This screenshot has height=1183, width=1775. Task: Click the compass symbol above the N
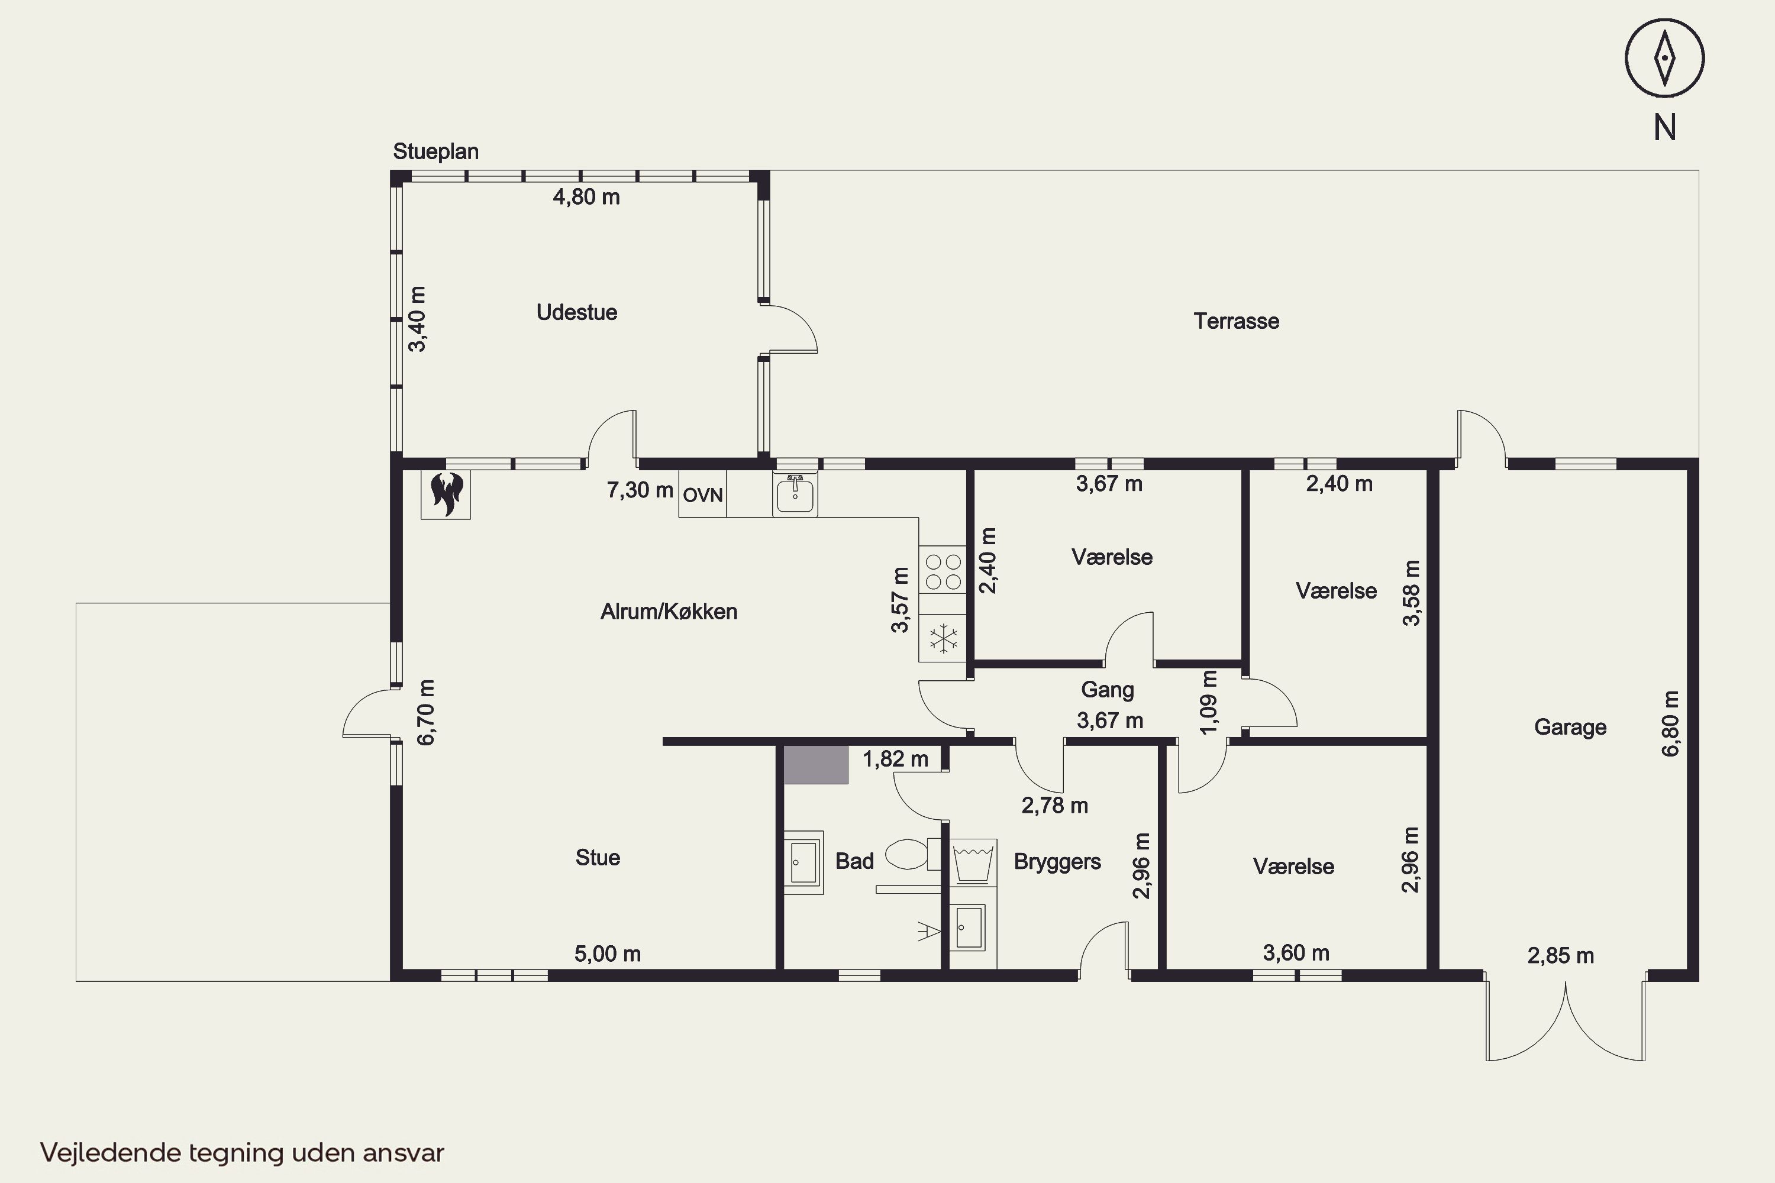1665,58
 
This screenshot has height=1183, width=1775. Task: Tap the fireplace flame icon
446,494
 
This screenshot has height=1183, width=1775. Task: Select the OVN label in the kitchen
703,496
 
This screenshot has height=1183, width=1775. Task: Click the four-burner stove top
943,571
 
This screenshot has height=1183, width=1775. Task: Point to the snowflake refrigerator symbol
943,639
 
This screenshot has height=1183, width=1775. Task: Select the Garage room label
1570,728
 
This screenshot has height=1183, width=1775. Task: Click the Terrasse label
1236,321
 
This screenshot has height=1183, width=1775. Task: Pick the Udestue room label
576,312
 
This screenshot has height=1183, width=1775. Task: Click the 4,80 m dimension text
586,197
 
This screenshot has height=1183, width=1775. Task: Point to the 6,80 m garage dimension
1671,723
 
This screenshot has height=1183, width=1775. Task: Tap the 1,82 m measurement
895,759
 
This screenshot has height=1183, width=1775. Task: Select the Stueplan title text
435,151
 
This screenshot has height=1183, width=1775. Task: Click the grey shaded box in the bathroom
815,765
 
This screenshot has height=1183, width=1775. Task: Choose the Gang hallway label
1107,690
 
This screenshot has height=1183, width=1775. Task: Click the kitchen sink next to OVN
795,494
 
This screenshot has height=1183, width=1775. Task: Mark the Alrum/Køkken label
669,611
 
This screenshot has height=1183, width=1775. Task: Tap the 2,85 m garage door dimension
1561,956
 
